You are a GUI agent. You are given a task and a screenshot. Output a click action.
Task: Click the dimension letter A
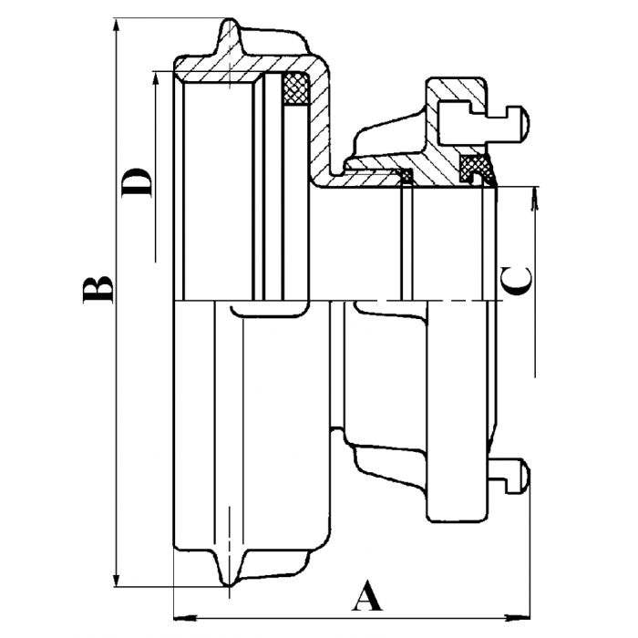(365, 599)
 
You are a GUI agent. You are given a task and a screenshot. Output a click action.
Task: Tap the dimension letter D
(137, 182)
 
